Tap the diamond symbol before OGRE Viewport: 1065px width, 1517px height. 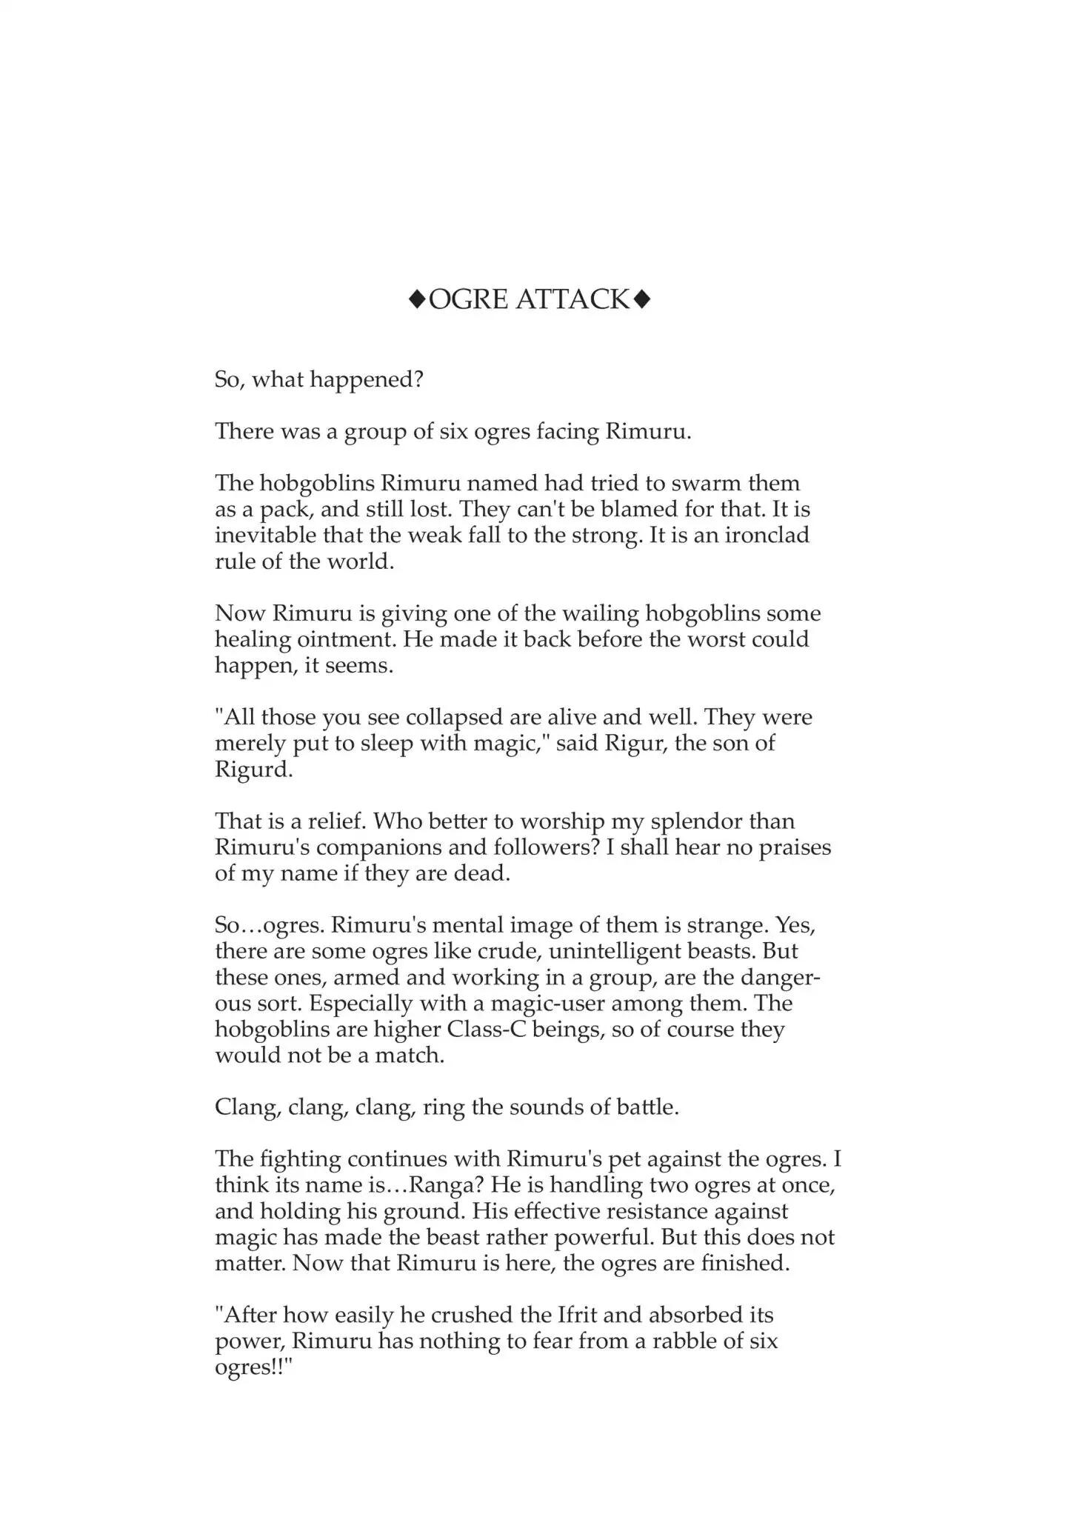pos(417,299)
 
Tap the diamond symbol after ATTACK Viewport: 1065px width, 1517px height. pos(642,299)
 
